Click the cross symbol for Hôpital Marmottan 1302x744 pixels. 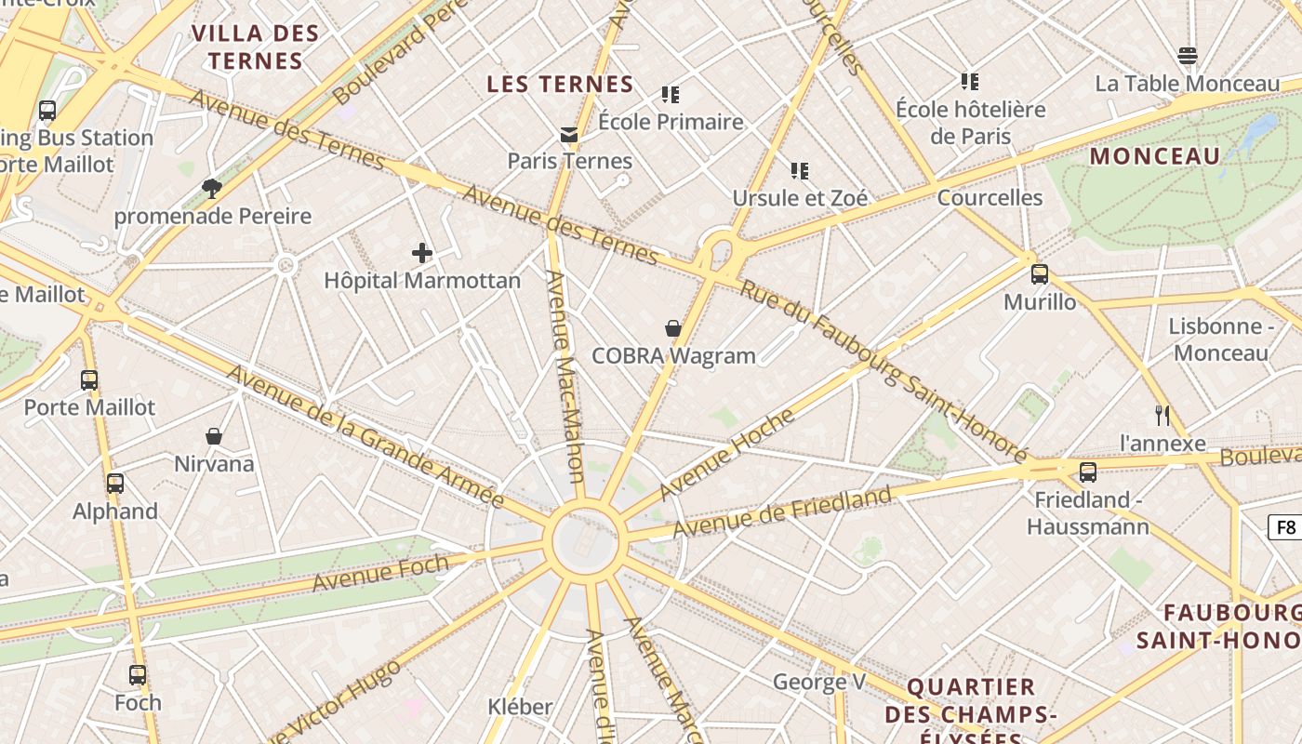pyautogui.click(x=422, y=252)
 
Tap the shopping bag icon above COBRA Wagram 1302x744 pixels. pyautogui.click(x=673, y=328)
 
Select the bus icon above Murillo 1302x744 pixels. pyautogui.click(x=1040, y=274)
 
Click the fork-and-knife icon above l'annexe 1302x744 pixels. pyautogui.click(x=1162, y=415)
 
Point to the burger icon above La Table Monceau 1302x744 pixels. pyautogui.click(x=1188, y=56)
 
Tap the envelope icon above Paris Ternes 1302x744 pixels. pyautogui.click(x=569, y=135)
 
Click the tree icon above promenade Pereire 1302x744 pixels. pyautogui.click(x=212, y=189)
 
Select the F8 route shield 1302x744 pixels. pyautogui.click(x=1285, y=528)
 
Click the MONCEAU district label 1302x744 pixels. pyautogui.click(x=1154, y=156)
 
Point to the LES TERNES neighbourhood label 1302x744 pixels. pyautogui.click(x=560, y=85)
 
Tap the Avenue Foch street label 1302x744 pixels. pyautogui.click(x=380, y=571)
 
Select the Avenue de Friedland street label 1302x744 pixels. pyautogui.click(x=781, y=511)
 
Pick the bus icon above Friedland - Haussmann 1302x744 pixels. pyautogui.click(x=1088, y=472)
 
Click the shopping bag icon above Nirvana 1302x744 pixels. pyautogui.click(x=214, y=436)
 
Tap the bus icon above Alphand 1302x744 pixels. pyautogui.click(x=115, y=484)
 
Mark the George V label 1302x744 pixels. pyautogui.click(x=819, y=682)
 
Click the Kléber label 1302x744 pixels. pyautogui.click(x=520, y=707)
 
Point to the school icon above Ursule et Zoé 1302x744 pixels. pyautogui.click(x=800, y=171)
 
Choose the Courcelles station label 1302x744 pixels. pyautogui.click(x=990, y=197)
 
